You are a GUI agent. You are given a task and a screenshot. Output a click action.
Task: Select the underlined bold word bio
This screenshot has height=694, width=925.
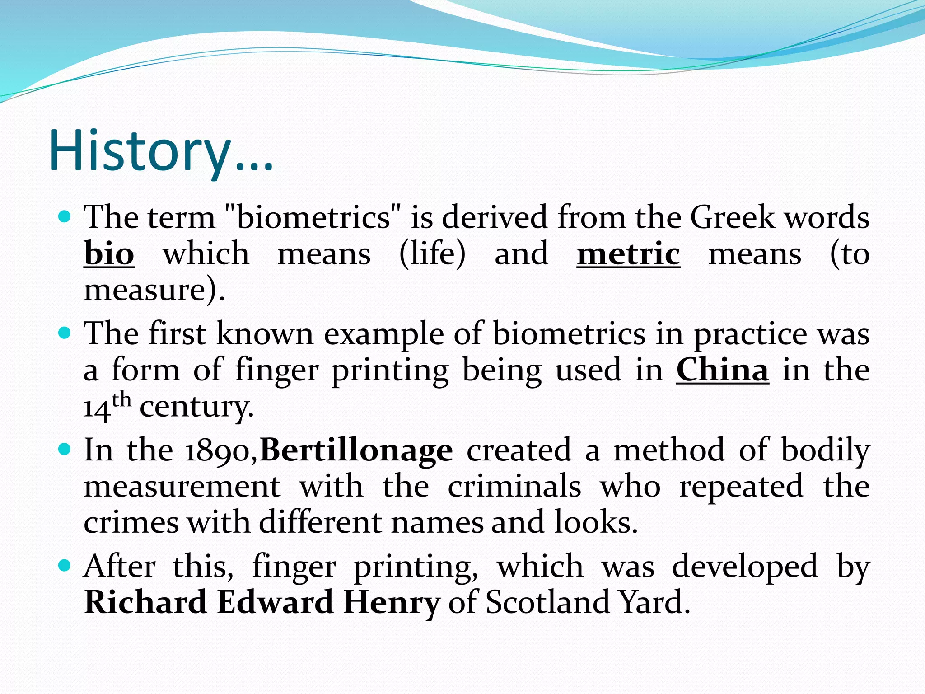[109, 254]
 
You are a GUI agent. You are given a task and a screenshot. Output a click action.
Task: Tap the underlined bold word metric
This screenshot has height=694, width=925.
[628, 254]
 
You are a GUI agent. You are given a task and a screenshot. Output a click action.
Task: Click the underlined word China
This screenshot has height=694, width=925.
[722, 370]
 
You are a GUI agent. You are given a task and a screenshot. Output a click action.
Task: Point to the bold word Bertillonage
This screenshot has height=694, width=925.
[356, 450]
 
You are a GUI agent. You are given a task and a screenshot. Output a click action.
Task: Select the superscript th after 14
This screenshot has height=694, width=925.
[121, 400]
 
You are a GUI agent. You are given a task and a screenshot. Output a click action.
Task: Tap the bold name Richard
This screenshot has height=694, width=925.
[146, 602]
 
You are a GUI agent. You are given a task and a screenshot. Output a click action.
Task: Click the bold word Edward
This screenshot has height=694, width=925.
[275, 602]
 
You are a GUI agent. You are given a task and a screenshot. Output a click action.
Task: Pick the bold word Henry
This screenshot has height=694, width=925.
[392, 603]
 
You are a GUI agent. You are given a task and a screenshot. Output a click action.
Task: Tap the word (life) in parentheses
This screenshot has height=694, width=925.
[432, 254]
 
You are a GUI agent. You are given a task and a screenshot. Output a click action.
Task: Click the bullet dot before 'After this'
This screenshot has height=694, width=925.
[65, 565]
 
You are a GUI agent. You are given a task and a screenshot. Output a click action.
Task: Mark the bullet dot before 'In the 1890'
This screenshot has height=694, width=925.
[65, 449]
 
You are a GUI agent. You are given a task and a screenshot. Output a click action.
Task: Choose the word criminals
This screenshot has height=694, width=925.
[514, 487]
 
